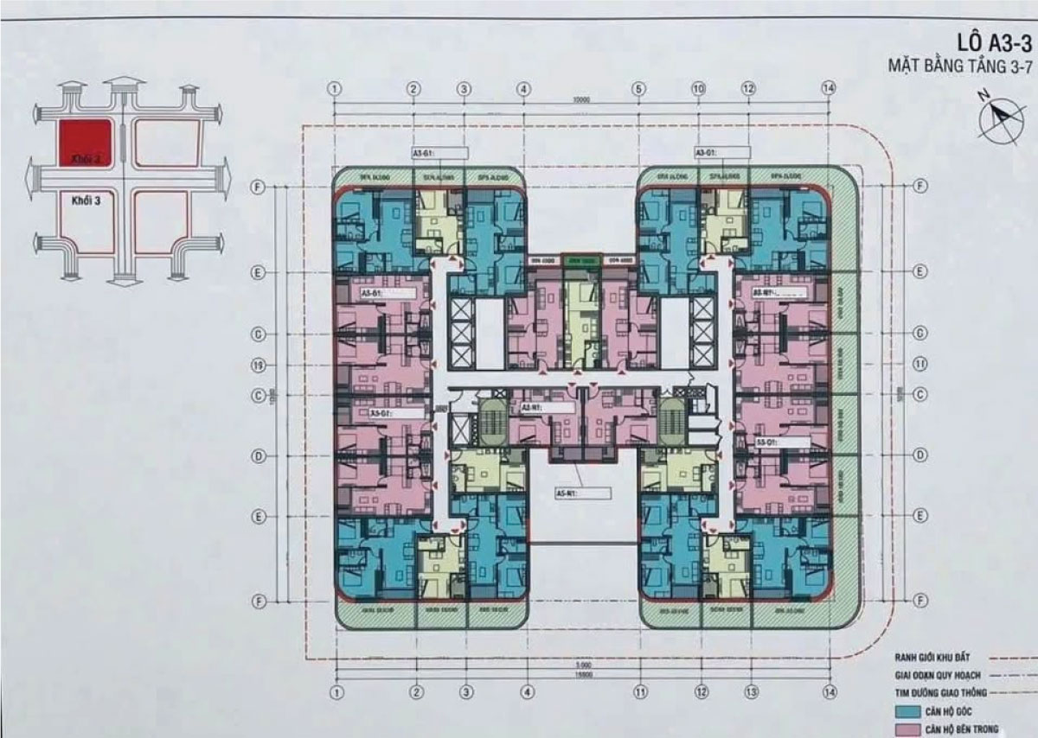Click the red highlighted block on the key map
point(84,142)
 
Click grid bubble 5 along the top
point(639,88)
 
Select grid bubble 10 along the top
point(699,88)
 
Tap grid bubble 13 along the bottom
point(749,691)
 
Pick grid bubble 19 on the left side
point(256,365)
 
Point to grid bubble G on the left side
point(256,334)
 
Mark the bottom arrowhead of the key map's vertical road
point(125,279)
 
